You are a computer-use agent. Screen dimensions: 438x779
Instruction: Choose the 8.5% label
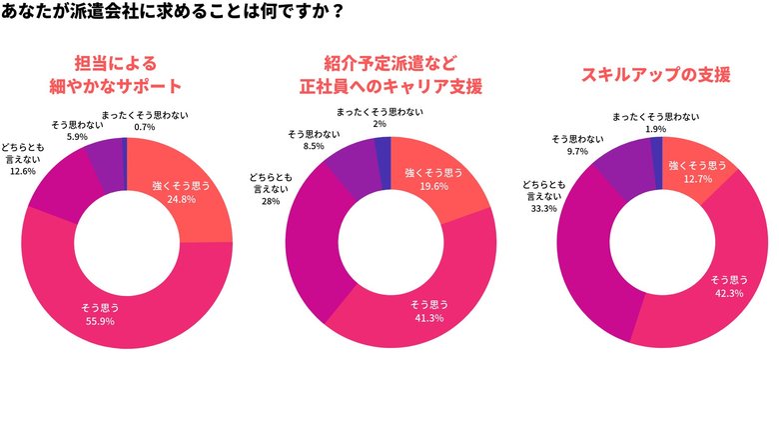click(313, 145)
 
